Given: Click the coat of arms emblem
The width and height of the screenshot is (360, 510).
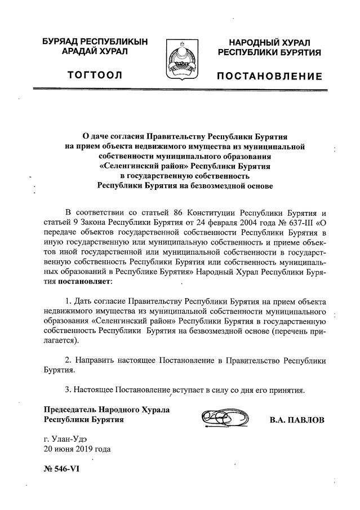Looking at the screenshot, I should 180,60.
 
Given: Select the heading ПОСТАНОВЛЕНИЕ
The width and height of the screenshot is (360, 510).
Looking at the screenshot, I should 270,76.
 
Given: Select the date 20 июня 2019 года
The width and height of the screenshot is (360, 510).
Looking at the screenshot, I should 77,449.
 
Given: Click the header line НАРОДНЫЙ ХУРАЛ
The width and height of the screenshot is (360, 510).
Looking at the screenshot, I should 270,42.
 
